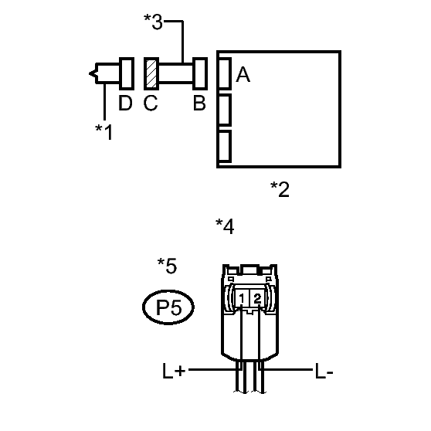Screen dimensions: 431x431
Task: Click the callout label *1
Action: (104, 132)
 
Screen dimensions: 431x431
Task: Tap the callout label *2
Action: (280, 189)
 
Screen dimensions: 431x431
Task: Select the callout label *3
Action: (153, 22)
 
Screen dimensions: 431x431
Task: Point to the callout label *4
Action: (225, 226)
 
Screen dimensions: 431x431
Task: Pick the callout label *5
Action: (167, 266)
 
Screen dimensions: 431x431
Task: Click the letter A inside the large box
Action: (243, 74)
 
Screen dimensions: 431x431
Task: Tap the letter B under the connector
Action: (199, 103)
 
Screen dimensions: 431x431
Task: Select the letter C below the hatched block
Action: (151, 103)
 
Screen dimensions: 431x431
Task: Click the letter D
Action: (125, 103)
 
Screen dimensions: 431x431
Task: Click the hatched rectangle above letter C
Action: (151, 73)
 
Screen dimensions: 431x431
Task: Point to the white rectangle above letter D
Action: (127, 73)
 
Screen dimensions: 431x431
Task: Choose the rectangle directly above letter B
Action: (200, 73)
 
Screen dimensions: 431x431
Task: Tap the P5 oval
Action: (168, 307)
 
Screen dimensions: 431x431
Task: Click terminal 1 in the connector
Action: (242, 298)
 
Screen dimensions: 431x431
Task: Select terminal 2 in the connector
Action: (257, 298)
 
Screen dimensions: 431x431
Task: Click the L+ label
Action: (174, 371)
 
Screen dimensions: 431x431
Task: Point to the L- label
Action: (324, 371)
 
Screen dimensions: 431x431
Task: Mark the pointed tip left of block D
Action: (90, 73)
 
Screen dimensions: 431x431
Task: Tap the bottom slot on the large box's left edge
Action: (225, 147)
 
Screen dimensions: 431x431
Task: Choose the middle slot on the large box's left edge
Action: (225, 110)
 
